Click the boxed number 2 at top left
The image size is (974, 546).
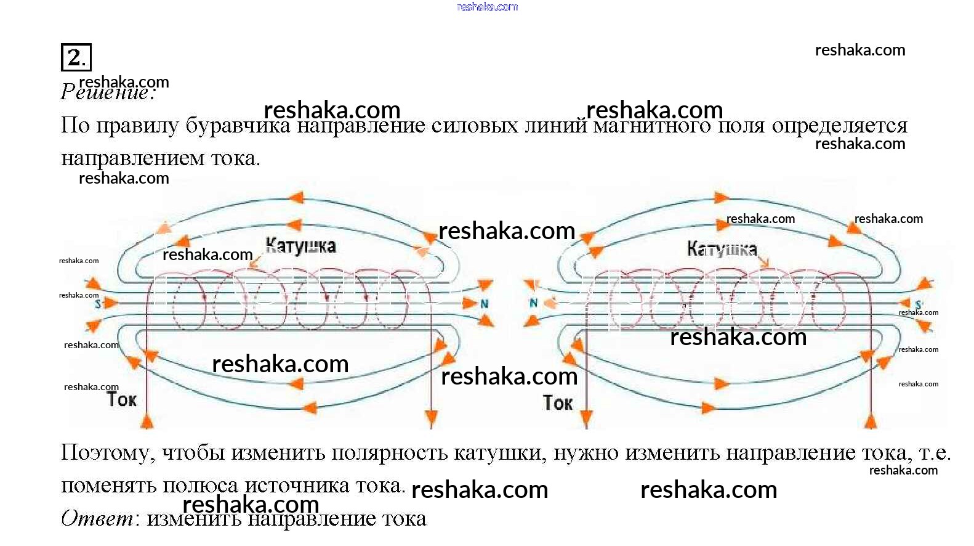click(76, 57)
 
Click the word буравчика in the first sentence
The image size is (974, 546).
click(238, 126)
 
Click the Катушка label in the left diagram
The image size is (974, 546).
click(300, 246)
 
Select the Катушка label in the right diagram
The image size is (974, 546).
click(722, 249)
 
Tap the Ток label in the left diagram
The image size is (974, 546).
click(121, 399)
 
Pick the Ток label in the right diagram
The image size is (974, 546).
click(558, 403)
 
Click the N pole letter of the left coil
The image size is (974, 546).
click(484, 304)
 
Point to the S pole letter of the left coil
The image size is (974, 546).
click(98, 304)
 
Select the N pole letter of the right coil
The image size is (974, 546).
click(533, 303)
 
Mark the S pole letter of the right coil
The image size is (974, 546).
click(918, 305)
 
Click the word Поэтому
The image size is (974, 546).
click(108, 453)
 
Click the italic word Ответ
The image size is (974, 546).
click(97, 518)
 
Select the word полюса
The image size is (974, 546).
click(200, 486)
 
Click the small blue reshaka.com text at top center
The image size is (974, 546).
click(487, 7)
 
